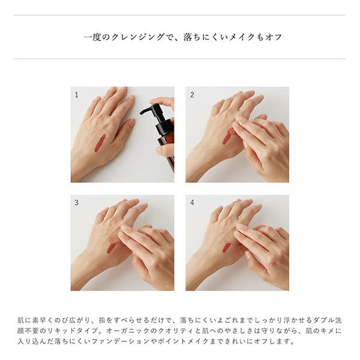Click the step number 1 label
pos(76,95)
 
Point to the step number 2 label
pos(192,95)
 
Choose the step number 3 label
pos(76,202)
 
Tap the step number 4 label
pos(192,202)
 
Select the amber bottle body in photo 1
pos(167,144)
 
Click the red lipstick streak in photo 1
pos(98,143)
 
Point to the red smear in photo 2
pos(227,137)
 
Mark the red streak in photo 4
pos(226,247)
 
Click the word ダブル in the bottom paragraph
pos(316,321)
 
